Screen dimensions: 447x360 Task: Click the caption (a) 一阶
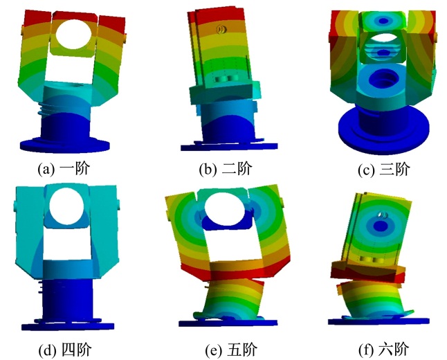coord(64,168)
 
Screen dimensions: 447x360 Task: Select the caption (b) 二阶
coord(226,168)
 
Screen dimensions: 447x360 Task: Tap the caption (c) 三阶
coord(384,169)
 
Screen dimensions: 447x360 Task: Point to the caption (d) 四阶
coord(65,350)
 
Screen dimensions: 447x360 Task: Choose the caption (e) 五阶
coord(231,350)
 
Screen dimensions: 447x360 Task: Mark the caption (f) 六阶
coord(384,350)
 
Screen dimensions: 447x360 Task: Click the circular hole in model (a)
coord(73,34)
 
